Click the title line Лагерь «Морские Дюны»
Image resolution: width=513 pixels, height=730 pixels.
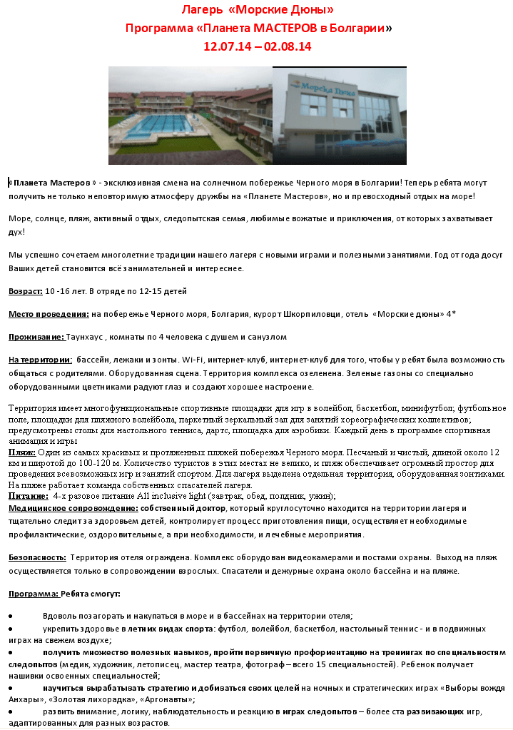click(258, 10)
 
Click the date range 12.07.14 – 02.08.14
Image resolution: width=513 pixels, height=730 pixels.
click(258, 47)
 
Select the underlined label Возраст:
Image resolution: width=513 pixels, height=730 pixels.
click(26, 291)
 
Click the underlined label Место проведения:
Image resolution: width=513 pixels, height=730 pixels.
click(49, 314)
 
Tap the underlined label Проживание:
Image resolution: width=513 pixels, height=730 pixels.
click(36, 337)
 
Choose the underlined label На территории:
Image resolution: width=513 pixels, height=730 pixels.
click(40, 360)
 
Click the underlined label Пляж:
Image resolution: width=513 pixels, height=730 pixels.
click(21, 452)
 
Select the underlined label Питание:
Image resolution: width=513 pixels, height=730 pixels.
click(28, 495)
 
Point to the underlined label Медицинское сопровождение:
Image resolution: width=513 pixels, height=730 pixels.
click(73, 508)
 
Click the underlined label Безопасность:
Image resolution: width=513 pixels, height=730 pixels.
click(38, 557)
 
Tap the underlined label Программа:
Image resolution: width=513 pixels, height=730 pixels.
click(33, 594)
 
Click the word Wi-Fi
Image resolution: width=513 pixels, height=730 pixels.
click(192, 360)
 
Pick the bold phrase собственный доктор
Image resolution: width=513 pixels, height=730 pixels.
click(183, 508)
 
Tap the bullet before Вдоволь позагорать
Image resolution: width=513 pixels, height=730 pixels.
click(11, 615)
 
